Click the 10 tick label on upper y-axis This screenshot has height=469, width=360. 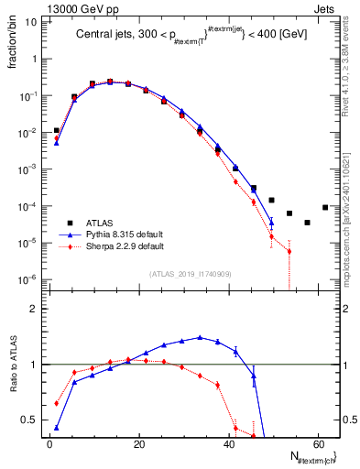pyautogui.click(x=31, y=21)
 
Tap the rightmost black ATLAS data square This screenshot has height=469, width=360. pyautogui.click(x=325, y=207)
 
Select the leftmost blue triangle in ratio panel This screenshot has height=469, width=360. pyautogui.click(x=57, y=427)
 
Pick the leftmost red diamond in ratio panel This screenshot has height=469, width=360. pyautogui.click(x=57, y=403)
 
